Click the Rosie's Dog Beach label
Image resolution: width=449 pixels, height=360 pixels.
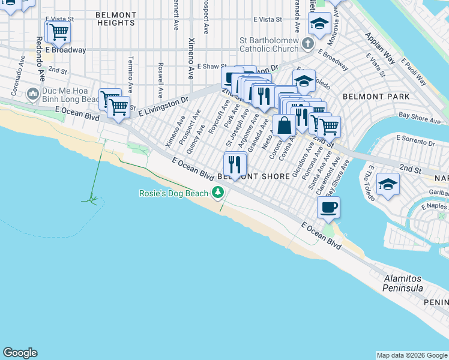[x=173, y=193]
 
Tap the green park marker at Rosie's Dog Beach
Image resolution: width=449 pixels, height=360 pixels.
[x=218, y=193]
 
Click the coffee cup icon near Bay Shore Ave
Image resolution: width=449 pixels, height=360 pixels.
[x=328, y=208]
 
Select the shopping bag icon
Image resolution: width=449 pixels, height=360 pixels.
[x=285, y=126]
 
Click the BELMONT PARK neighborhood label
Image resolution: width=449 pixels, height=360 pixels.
[x=376, y=96]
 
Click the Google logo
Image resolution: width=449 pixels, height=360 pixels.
[x=20, y=353]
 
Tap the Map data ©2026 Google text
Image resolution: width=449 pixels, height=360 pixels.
[x=412, y=355]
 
